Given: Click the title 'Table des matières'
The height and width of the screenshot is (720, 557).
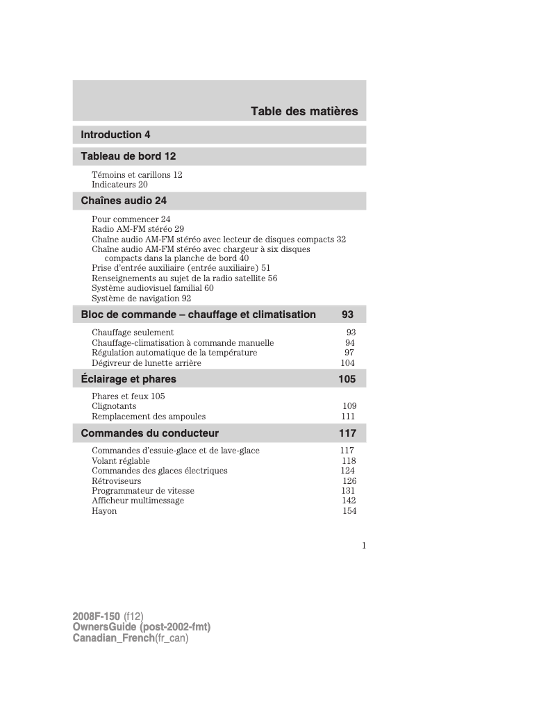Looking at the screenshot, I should click(304, 111).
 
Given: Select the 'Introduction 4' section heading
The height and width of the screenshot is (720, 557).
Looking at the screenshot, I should click(115, 135).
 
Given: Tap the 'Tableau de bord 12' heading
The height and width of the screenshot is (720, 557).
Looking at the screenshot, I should click(128, 156).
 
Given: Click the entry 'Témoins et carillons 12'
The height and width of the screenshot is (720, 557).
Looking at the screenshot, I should click(137, 175).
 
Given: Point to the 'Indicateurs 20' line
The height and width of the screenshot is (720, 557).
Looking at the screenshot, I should click(119, 185).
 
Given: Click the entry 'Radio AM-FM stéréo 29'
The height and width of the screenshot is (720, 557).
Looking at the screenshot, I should click(138, 228).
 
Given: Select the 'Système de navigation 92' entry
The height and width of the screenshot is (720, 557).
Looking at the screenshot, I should click(141, 299).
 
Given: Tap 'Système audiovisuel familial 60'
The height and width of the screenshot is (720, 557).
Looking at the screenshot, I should click(152, 287).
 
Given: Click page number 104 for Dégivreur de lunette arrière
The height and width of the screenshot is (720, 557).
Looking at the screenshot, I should click(347, 363).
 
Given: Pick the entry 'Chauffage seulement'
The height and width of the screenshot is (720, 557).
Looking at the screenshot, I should click(133, 333).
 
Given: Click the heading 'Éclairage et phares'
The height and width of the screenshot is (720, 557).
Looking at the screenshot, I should click(128, 379).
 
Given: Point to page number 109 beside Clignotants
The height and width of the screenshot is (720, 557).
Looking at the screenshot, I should click(349, 406).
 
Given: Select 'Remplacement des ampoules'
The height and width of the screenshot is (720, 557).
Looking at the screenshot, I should click(149, 417).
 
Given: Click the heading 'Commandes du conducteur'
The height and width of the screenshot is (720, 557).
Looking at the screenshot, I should click(149, 433).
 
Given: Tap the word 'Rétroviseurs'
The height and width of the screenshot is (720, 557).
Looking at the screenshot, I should click(116, 480).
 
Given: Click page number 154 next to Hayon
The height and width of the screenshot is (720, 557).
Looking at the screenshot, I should click(349, 511).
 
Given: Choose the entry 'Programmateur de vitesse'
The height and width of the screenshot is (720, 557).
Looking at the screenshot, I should click(143, 491).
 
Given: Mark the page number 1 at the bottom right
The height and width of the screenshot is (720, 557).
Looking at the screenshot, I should click(363, 545).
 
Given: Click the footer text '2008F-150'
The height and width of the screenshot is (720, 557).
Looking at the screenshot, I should click(96, 616).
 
